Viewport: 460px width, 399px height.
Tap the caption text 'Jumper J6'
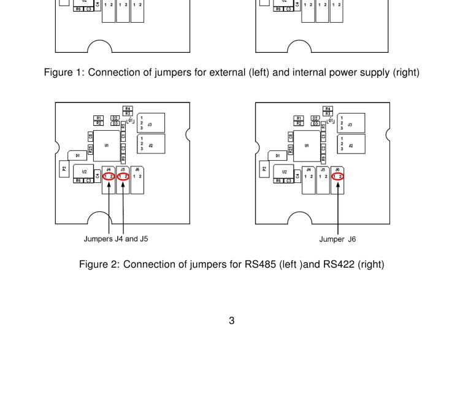click(337, 239)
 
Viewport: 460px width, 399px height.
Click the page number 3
click(231, 320)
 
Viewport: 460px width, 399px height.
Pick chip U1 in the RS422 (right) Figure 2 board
click(306, 146)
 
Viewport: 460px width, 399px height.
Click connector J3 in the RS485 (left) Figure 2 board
click(151, 123)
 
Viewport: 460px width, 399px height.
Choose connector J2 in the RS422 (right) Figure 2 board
click(350, 145)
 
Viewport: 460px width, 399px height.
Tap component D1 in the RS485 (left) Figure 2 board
click(78, 156)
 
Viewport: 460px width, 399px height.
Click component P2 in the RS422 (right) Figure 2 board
click(264, 168)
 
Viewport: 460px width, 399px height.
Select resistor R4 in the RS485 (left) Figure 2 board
click(128, 108)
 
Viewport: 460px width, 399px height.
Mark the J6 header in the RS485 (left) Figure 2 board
click(138, 179)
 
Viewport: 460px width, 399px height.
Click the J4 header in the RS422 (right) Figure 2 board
click(309, 179)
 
